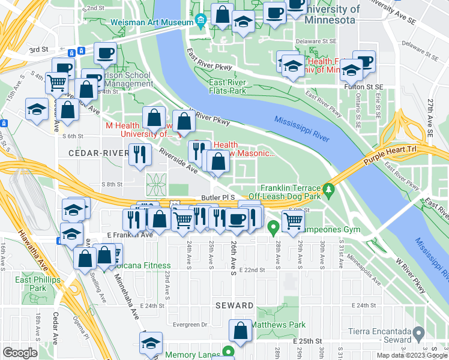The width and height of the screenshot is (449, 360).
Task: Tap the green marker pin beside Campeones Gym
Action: tap(273, 227)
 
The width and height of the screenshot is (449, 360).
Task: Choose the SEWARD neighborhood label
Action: tap(234, 305)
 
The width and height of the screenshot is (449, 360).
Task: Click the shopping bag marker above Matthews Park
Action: tap(241, 331)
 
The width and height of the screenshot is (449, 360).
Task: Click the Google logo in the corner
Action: tap(20, 353)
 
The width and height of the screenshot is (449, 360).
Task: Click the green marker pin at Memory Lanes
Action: tap(228, 352)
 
